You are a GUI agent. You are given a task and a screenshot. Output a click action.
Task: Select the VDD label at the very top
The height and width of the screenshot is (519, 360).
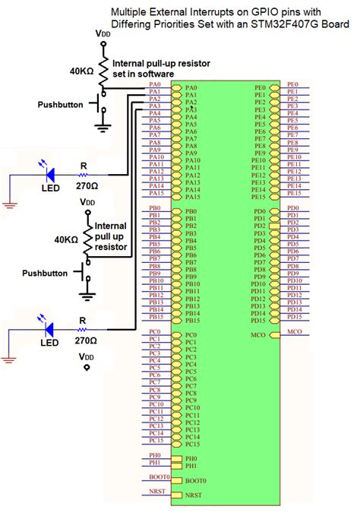[102, 34]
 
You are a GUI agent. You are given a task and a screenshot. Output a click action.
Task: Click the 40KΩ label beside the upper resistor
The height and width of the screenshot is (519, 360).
[83, 70]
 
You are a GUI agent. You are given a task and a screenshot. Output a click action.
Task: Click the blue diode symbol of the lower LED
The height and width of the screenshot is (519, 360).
[49, 329]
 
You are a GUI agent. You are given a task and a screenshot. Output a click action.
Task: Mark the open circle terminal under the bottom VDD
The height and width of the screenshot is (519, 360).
[87, 368]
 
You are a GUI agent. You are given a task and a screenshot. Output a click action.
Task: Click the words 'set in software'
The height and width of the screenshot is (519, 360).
[144, 74]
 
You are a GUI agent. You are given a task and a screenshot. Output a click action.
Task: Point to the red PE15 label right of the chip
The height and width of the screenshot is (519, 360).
[294, 192]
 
